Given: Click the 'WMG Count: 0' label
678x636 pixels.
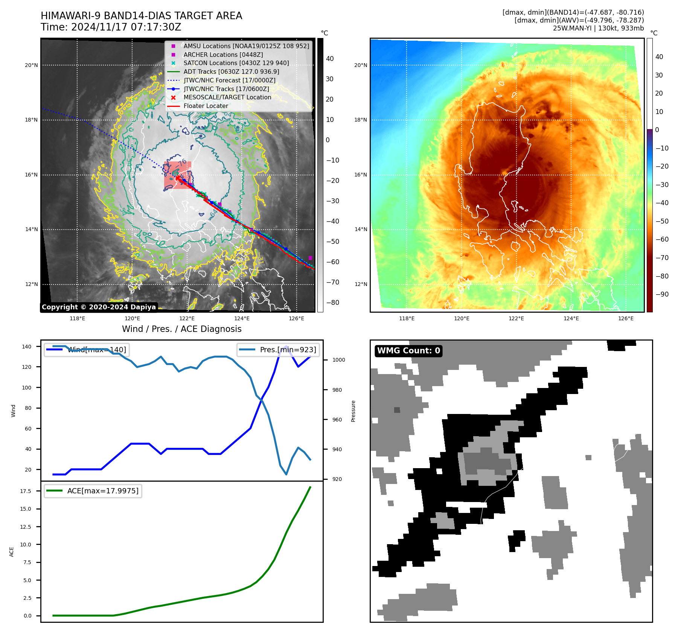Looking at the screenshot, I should tap(408, 351).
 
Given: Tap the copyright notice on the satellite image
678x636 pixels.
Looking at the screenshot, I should tap(99, 307).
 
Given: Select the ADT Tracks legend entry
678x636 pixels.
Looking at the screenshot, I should tap(231, 72).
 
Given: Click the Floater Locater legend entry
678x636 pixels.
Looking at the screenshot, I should tap(206, 106).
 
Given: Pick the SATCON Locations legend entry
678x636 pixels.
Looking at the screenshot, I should tap(236, 63).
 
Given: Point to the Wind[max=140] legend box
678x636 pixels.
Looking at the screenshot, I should tap(86, 350).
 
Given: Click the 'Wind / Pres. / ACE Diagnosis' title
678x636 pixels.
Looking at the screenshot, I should tap(181, 329).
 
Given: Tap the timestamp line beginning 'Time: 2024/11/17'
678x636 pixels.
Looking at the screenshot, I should tap(111, 27).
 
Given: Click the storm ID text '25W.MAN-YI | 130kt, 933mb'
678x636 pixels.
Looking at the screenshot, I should tap(598, 28).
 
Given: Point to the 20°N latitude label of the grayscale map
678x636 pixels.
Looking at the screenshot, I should tap(31, 65).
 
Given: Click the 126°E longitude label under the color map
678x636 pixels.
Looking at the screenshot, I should tap(626, 318).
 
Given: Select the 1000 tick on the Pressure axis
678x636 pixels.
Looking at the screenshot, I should tap(339, 360).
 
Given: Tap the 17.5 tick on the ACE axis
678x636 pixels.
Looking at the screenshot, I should tap(26, 491).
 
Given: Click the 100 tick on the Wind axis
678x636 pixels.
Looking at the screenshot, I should tap(26, 388).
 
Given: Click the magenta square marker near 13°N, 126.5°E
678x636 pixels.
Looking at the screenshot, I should tap(310, 258).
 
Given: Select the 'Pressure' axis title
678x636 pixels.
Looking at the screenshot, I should tap(353, 411).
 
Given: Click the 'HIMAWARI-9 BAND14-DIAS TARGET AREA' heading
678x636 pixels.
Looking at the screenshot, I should tap(141, 16).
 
